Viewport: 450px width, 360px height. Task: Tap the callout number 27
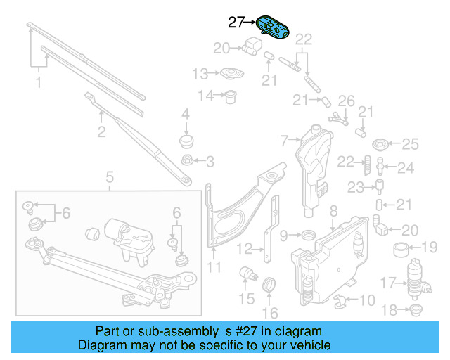click(237, 22)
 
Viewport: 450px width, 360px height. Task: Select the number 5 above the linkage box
click(110, 176)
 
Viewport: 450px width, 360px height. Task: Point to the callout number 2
click(102, 131)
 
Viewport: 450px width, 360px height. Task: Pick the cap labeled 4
click(187, 141)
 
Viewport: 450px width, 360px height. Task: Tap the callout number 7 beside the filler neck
click(284, 141)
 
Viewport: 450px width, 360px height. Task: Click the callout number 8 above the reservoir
click(333, 210)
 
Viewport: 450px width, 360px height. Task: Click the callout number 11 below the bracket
click(214, 267)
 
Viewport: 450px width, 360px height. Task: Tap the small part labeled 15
click(247, 274)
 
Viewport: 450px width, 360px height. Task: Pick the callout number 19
click(429, 247)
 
